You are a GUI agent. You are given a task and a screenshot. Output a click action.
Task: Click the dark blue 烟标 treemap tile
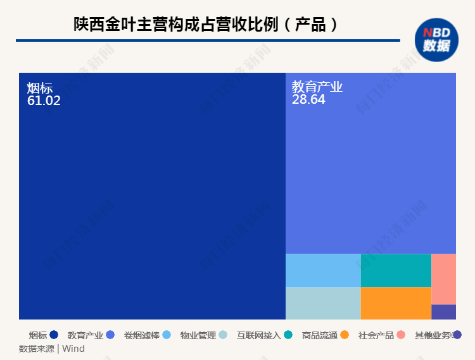click(152, 202)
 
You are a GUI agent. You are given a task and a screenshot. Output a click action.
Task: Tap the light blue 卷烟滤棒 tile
click(323, 270)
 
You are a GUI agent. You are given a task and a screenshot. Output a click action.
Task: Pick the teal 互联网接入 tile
click(396, 270)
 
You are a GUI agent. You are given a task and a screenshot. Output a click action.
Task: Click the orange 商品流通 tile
click(396, 303)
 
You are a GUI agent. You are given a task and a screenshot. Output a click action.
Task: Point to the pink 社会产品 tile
click(443, 278)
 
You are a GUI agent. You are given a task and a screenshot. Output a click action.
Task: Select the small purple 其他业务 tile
click(443, 312)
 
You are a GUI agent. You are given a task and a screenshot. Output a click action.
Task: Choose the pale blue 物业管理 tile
click(323, 303)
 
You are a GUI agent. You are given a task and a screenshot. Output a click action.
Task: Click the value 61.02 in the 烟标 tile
click(44, 100)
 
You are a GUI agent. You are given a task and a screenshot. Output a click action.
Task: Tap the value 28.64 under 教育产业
click(308, 99)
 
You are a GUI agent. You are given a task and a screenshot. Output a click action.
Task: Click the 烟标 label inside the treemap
click(39, 88)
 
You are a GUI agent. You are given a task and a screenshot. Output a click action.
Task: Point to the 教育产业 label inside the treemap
click(317, 87)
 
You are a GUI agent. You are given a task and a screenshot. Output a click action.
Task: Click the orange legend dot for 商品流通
click(345, 335)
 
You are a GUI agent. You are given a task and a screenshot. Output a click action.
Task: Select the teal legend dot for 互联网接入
click(288, 335)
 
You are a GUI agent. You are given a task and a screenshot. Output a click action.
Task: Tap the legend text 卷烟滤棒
click(142, 335)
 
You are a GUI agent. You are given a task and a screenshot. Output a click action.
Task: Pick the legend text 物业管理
click(198, 335)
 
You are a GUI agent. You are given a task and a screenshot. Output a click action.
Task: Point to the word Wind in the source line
click(73, 349)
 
